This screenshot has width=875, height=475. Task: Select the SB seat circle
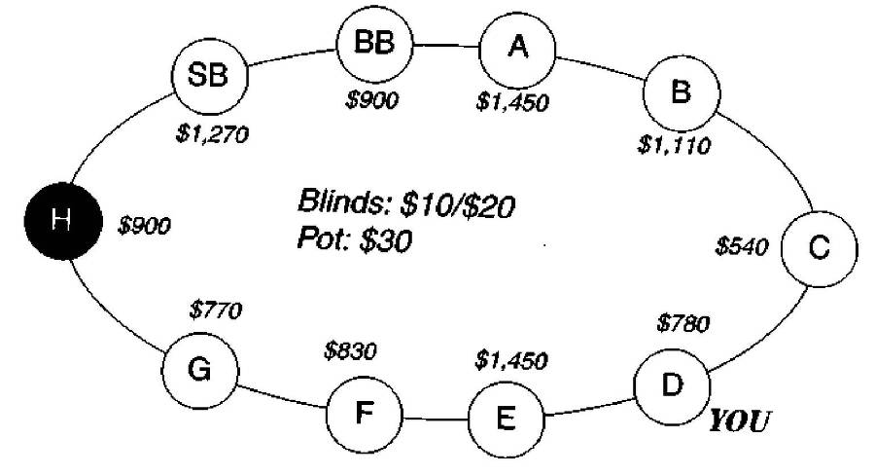click(x=208, y=78)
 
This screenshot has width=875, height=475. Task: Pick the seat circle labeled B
click(x=682, y=92)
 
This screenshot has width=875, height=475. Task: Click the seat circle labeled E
click(x=506, y=420)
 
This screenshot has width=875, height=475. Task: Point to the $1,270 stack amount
click(x=212, y=134)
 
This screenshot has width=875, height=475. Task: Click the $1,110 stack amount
click(x=674, y=147)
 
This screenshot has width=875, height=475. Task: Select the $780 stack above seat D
click(x=682, y=322)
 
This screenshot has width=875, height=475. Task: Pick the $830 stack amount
click(x=349, y=350)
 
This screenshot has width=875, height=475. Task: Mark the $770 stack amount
click(x=215, y=311)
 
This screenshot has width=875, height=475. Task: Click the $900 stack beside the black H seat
click(x=144, y=226)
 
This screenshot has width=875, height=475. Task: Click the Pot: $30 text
click(x=355, y=238)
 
